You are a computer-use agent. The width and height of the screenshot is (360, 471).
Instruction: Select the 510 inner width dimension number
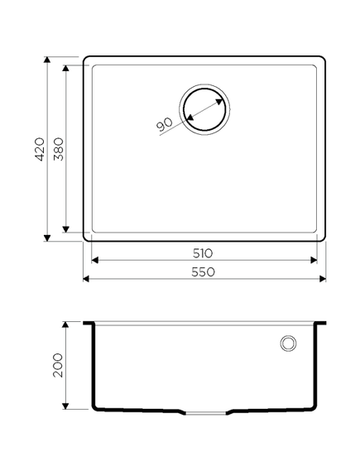point(204,252)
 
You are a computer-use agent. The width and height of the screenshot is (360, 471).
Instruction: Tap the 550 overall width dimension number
point(204,272)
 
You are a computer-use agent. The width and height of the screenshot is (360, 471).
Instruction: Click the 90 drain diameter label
point(163,124)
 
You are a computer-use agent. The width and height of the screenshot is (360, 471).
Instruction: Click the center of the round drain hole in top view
point(202,108)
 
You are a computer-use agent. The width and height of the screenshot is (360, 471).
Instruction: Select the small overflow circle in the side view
point(289,343)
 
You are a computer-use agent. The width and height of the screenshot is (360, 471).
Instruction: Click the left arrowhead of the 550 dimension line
point(88,279)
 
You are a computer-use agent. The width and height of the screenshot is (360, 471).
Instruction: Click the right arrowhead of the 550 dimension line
point(322,279)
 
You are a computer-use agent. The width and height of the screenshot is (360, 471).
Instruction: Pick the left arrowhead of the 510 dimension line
point(94,260)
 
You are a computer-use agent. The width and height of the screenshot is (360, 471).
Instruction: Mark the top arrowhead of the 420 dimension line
point(48,61)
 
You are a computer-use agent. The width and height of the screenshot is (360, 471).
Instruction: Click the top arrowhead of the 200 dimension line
point(66,325)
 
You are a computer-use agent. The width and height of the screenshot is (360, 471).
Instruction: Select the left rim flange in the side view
point(88,323)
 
